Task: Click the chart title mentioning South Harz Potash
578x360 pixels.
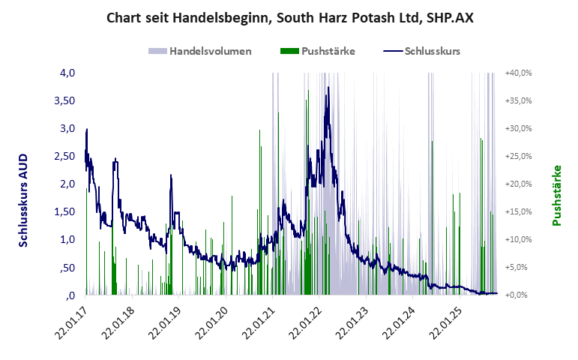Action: tap(289, 17)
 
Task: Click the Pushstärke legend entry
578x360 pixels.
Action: tap(318, 51)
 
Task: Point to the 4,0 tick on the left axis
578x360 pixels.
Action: tap(67, 73)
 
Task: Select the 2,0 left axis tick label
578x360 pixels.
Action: tap(67, 184)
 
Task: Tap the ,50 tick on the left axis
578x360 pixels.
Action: tap(67, 267)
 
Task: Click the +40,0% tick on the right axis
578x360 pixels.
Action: tap(519, 73)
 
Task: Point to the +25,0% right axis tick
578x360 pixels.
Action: tap(519, 156)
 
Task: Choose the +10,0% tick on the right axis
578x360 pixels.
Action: tap(519, 239)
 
